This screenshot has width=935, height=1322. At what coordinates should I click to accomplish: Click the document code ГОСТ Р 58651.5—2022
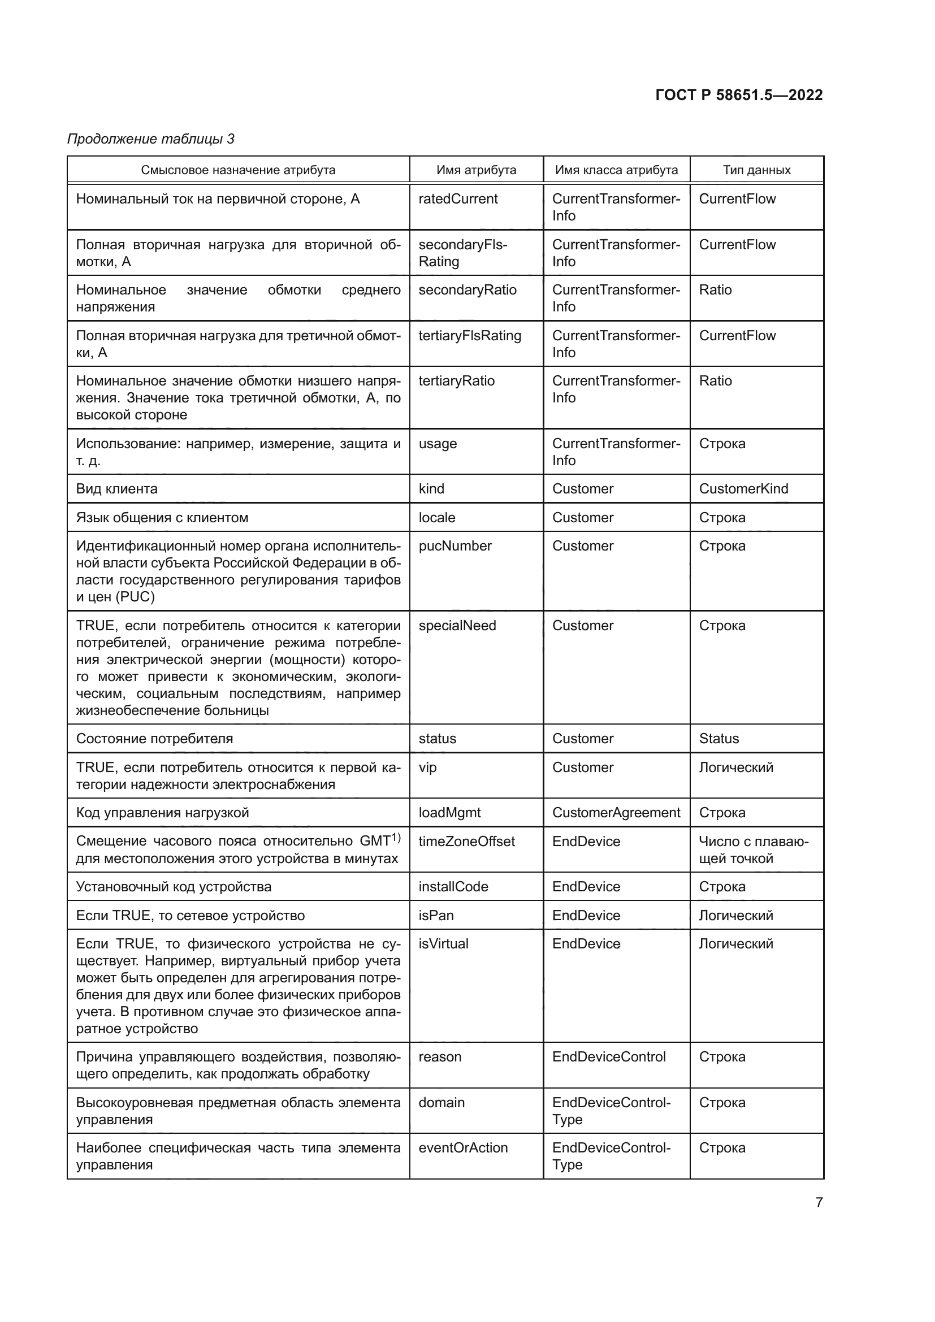coord(739,95)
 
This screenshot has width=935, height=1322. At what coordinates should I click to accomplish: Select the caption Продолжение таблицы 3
coord(151,139)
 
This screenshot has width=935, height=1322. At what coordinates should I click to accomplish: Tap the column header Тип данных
coord(756,170)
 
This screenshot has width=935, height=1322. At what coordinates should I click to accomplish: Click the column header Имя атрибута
coord(476,170)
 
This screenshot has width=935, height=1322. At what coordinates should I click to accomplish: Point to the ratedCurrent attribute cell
coord(458,199)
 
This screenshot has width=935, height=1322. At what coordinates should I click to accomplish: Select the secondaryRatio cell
coord(467,290)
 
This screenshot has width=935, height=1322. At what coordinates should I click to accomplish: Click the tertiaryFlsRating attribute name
coord(469,336)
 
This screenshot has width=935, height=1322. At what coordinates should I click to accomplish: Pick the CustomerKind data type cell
coord(743,489)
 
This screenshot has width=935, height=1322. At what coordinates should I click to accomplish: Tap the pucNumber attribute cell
coord(455,546)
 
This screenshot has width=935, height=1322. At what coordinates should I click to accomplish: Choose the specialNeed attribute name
coord(457,626)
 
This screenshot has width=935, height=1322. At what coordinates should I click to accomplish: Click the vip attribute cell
coord(428,768)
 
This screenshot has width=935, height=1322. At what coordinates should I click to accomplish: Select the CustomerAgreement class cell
coord(616,813)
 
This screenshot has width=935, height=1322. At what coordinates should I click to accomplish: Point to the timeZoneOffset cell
coord(466,842)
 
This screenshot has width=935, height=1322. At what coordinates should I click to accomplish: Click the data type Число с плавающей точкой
coord(753,850)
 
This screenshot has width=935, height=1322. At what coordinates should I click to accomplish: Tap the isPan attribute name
coord(436,916)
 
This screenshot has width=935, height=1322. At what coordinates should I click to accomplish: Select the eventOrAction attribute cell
coord(463,1148)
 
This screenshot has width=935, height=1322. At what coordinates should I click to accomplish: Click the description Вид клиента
coord(117,489)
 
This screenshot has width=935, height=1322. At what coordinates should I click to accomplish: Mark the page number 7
coord(819,1202)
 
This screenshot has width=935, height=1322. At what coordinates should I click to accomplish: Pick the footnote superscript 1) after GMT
coord(396,838)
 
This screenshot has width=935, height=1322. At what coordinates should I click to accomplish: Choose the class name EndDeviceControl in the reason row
coord(609,1057)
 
